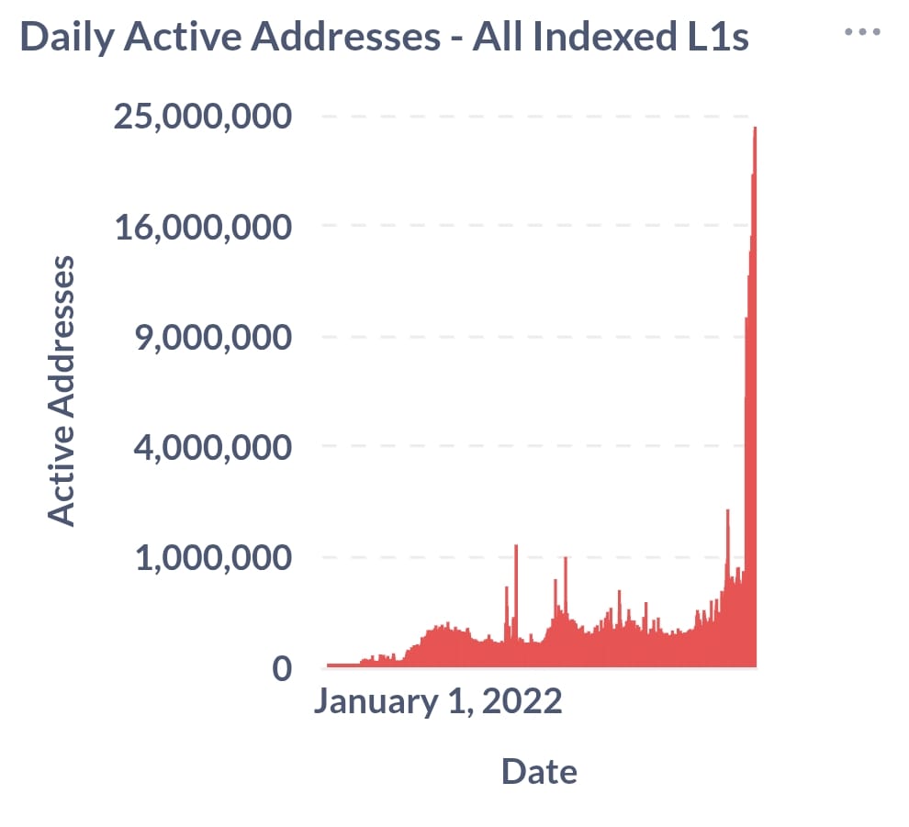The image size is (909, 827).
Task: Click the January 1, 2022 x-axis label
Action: click(437, 702)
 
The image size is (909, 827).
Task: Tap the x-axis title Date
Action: click(539, 771)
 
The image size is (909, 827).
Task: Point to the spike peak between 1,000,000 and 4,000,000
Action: click(727, 511)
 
